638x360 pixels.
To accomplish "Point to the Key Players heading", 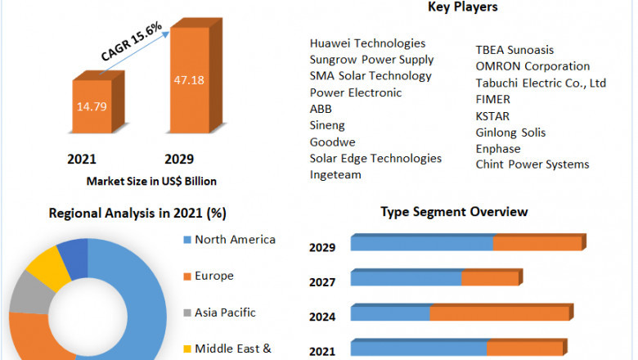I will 462,7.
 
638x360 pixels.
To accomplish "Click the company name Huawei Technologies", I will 367,43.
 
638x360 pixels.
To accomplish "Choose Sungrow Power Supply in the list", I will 371,59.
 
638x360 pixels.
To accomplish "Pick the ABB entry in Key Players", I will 321,109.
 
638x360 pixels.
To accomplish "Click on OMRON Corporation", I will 532,65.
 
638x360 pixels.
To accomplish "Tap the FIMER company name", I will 493,99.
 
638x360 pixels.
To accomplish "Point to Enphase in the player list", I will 498,148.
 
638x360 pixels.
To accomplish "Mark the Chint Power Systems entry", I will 532,164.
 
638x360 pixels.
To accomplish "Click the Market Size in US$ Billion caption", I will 151,181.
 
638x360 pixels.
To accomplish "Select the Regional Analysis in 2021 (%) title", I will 137,214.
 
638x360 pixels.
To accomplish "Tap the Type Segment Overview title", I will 454,212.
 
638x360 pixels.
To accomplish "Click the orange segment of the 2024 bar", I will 499,313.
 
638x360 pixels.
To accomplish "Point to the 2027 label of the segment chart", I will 322,282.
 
